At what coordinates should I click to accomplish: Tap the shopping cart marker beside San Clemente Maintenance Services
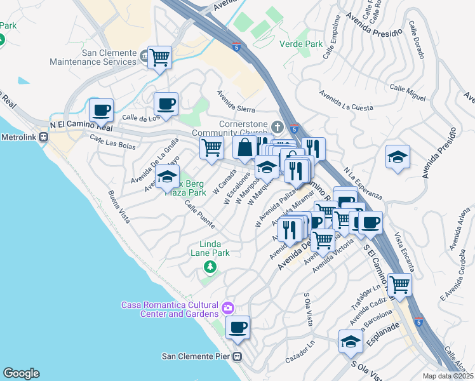coord(160,58)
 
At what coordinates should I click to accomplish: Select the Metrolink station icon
coord(43,137)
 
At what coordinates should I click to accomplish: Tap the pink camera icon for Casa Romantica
coord(228,309)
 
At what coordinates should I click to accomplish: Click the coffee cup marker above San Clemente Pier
coord(237,327)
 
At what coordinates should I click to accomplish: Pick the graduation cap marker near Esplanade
coord(350,342)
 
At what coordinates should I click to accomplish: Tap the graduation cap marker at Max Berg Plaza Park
coord(168,177)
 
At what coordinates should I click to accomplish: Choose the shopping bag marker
coord(244,148)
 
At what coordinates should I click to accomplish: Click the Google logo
coord(21,373)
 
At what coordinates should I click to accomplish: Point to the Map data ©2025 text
coord(447,376)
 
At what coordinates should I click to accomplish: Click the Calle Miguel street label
coord(407,92)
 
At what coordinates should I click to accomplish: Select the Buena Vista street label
coord(119,207)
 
